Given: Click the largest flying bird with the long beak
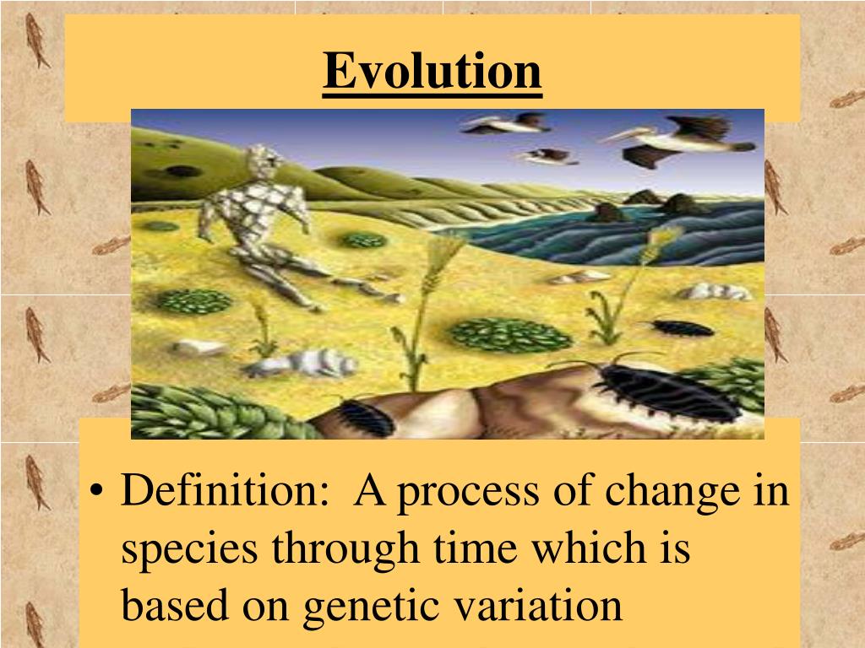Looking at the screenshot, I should coord(676,139).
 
